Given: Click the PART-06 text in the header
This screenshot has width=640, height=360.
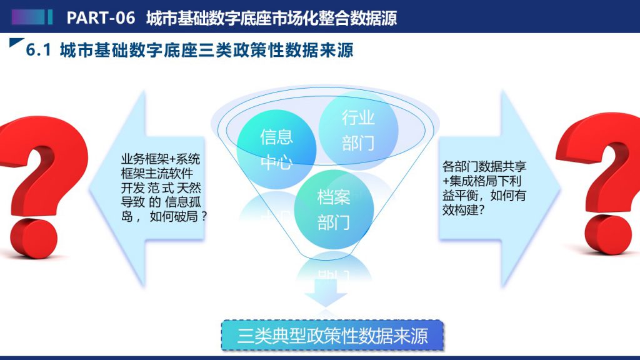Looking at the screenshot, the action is click(x=101, y=18).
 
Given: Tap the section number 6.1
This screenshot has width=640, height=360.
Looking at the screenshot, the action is click(x=38, y=50).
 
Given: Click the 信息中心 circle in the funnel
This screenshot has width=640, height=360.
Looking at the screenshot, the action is click(x=276, y=149).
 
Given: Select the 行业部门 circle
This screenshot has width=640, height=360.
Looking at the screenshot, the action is click(x=358, y=130).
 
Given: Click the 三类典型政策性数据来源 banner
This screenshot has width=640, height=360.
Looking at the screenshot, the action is click(x=332, y=336).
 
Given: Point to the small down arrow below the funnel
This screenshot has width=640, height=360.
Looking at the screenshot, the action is click(x=325, y=292).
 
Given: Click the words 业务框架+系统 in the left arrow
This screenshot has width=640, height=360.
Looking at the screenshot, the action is click(x=161, y=159).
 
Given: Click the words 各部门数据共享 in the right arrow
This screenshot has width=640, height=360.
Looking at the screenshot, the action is click(x=484, y=166).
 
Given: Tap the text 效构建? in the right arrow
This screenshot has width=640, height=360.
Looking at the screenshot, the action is click(x=464, y=210).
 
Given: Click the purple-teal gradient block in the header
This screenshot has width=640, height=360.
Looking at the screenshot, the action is click(x=28, y=17).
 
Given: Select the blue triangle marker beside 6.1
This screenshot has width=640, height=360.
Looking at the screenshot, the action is click(x=16, y=42).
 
